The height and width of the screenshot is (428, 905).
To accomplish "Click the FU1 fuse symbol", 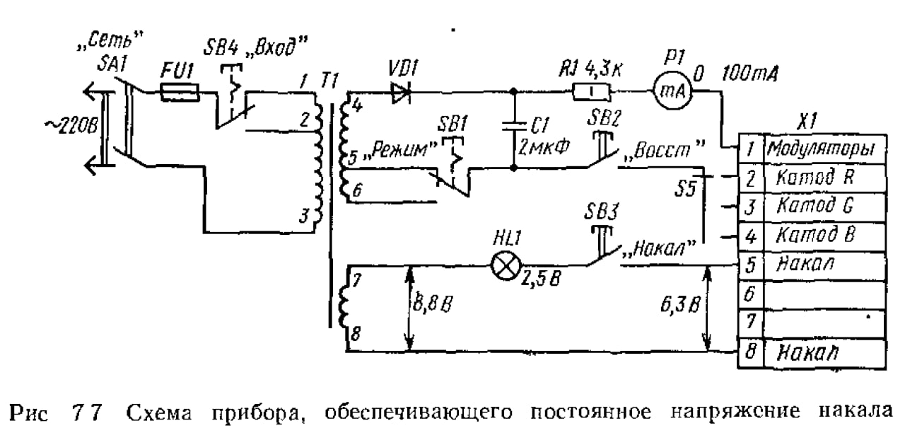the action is click(180, 93).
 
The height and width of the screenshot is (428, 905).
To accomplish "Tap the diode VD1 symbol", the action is click(401, 93).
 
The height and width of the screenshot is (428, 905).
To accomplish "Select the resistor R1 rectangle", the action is click(592, 92).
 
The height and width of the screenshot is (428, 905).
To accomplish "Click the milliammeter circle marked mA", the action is click(672, 92).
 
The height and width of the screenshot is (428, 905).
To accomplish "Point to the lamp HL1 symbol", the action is click(506, 265).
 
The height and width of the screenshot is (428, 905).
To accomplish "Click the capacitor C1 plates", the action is click(513, 126).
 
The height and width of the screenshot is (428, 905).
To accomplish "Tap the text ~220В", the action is click(72, 126).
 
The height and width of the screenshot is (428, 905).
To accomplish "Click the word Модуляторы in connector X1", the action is click(821, 149).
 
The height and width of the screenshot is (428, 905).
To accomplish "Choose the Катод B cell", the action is click(825, 236).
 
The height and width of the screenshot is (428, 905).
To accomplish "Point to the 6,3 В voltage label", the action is click(680, 305).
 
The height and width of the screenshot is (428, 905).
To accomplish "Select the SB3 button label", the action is click(601, 212).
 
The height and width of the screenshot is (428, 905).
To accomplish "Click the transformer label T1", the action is click(329, 81).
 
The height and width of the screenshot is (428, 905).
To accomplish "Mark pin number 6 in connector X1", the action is click(750, 294).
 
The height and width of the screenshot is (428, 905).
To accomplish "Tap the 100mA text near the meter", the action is click(750, 74).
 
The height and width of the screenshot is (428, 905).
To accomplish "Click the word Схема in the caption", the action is click(160, 412).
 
